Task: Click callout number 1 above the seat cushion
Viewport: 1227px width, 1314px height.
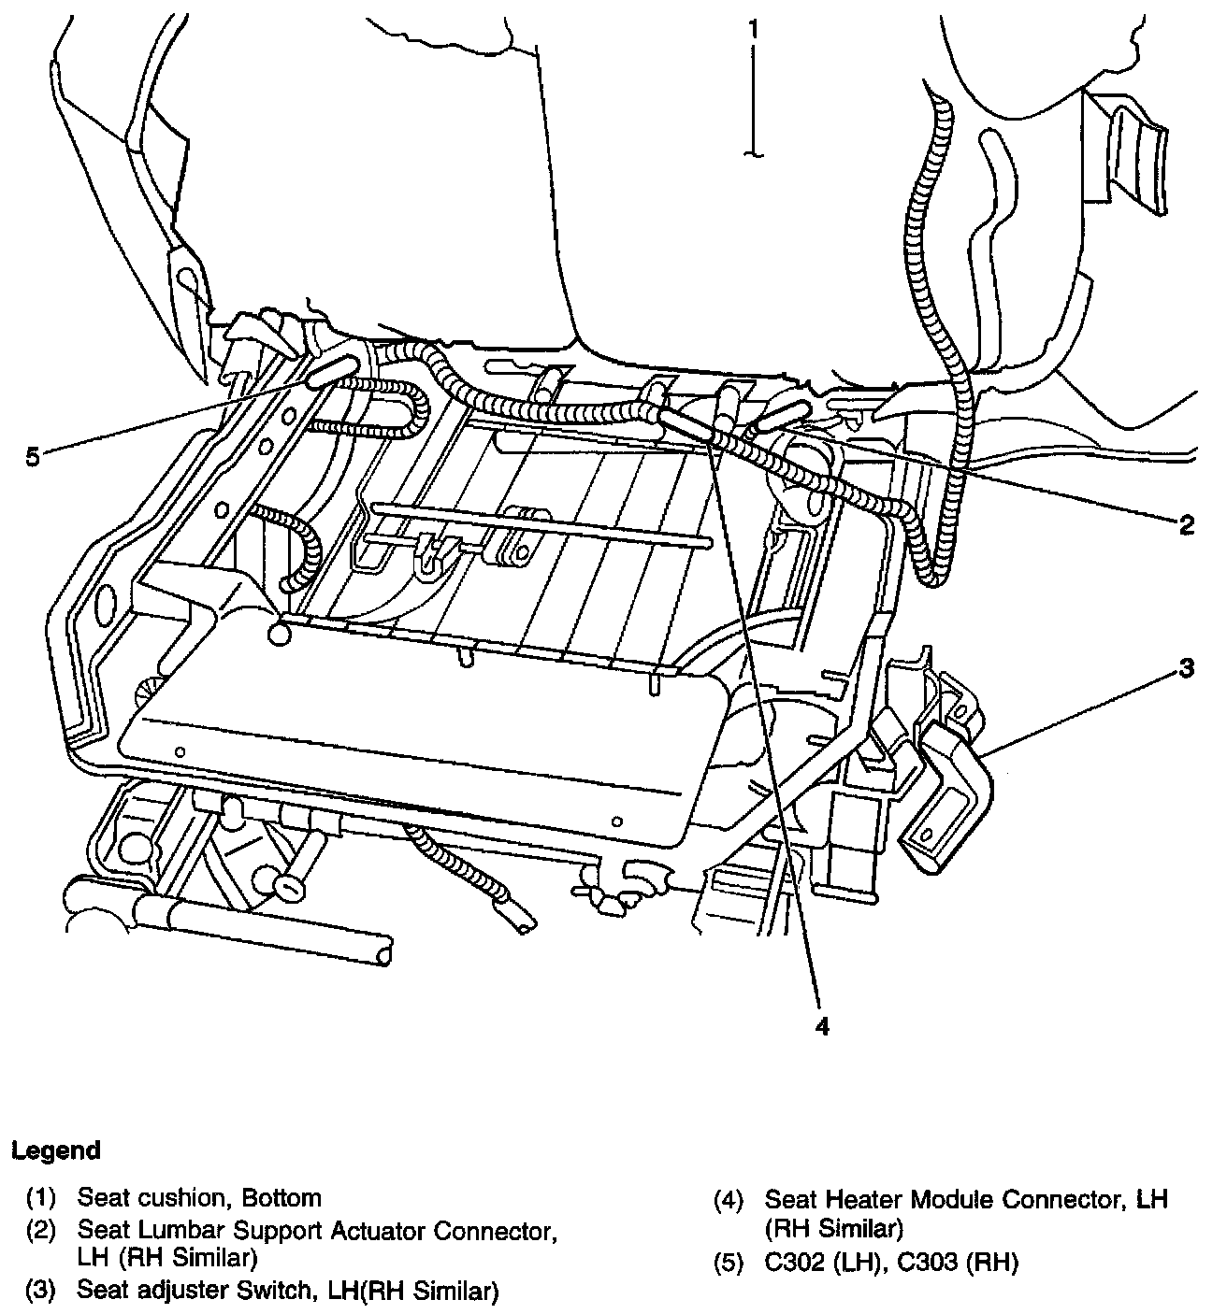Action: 753,29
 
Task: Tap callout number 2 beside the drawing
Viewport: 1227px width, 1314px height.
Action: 1186,525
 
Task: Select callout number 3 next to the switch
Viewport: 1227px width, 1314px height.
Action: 1185,668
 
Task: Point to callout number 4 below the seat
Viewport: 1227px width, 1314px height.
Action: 822,1025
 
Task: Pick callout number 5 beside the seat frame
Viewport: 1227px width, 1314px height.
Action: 33,458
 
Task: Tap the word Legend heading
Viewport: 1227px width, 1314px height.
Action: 55,1150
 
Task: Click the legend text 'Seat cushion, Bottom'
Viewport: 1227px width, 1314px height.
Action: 199,1198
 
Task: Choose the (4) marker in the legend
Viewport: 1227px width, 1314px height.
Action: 729,1198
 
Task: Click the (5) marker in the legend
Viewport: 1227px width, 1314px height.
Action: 729,1263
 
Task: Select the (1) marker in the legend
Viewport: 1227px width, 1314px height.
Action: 40,1198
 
